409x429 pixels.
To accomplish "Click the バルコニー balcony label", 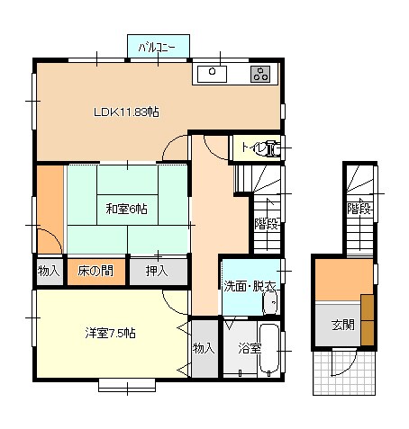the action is click(157, 48).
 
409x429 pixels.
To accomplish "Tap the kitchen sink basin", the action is click(212, 74).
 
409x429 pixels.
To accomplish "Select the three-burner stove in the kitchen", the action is click(260, 74).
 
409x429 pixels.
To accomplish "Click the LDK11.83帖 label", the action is click(126, 112).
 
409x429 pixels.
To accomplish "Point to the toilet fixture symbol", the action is click(273, 148).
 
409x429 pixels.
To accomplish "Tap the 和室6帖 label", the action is click(126, 209).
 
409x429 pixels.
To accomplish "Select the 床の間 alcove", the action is click(95, 272).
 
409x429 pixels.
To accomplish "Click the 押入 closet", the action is click(159, 272).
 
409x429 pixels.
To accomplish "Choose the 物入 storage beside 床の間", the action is click(49, 272).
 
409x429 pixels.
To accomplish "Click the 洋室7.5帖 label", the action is click(110, 333).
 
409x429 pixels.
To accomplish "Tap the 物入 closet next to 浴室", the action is click(204, 349).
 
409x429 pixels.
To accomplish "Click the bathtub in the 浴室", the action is click(268, 349).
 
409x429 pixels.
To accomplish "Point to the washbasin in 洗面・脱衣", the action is click(271, 303).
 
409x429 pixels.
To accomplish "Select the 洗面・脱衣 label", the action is click(250, 287).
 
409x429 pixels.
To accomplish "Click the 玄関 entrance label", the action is click(343, 325).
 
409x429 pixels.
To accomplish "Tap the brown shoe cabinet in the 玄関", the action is click(368, 320).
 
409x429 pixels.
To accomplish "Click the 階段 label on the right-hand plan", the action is click(359, 209).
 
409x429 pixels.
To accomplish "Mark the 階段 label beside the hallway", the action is click(267, 223).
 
